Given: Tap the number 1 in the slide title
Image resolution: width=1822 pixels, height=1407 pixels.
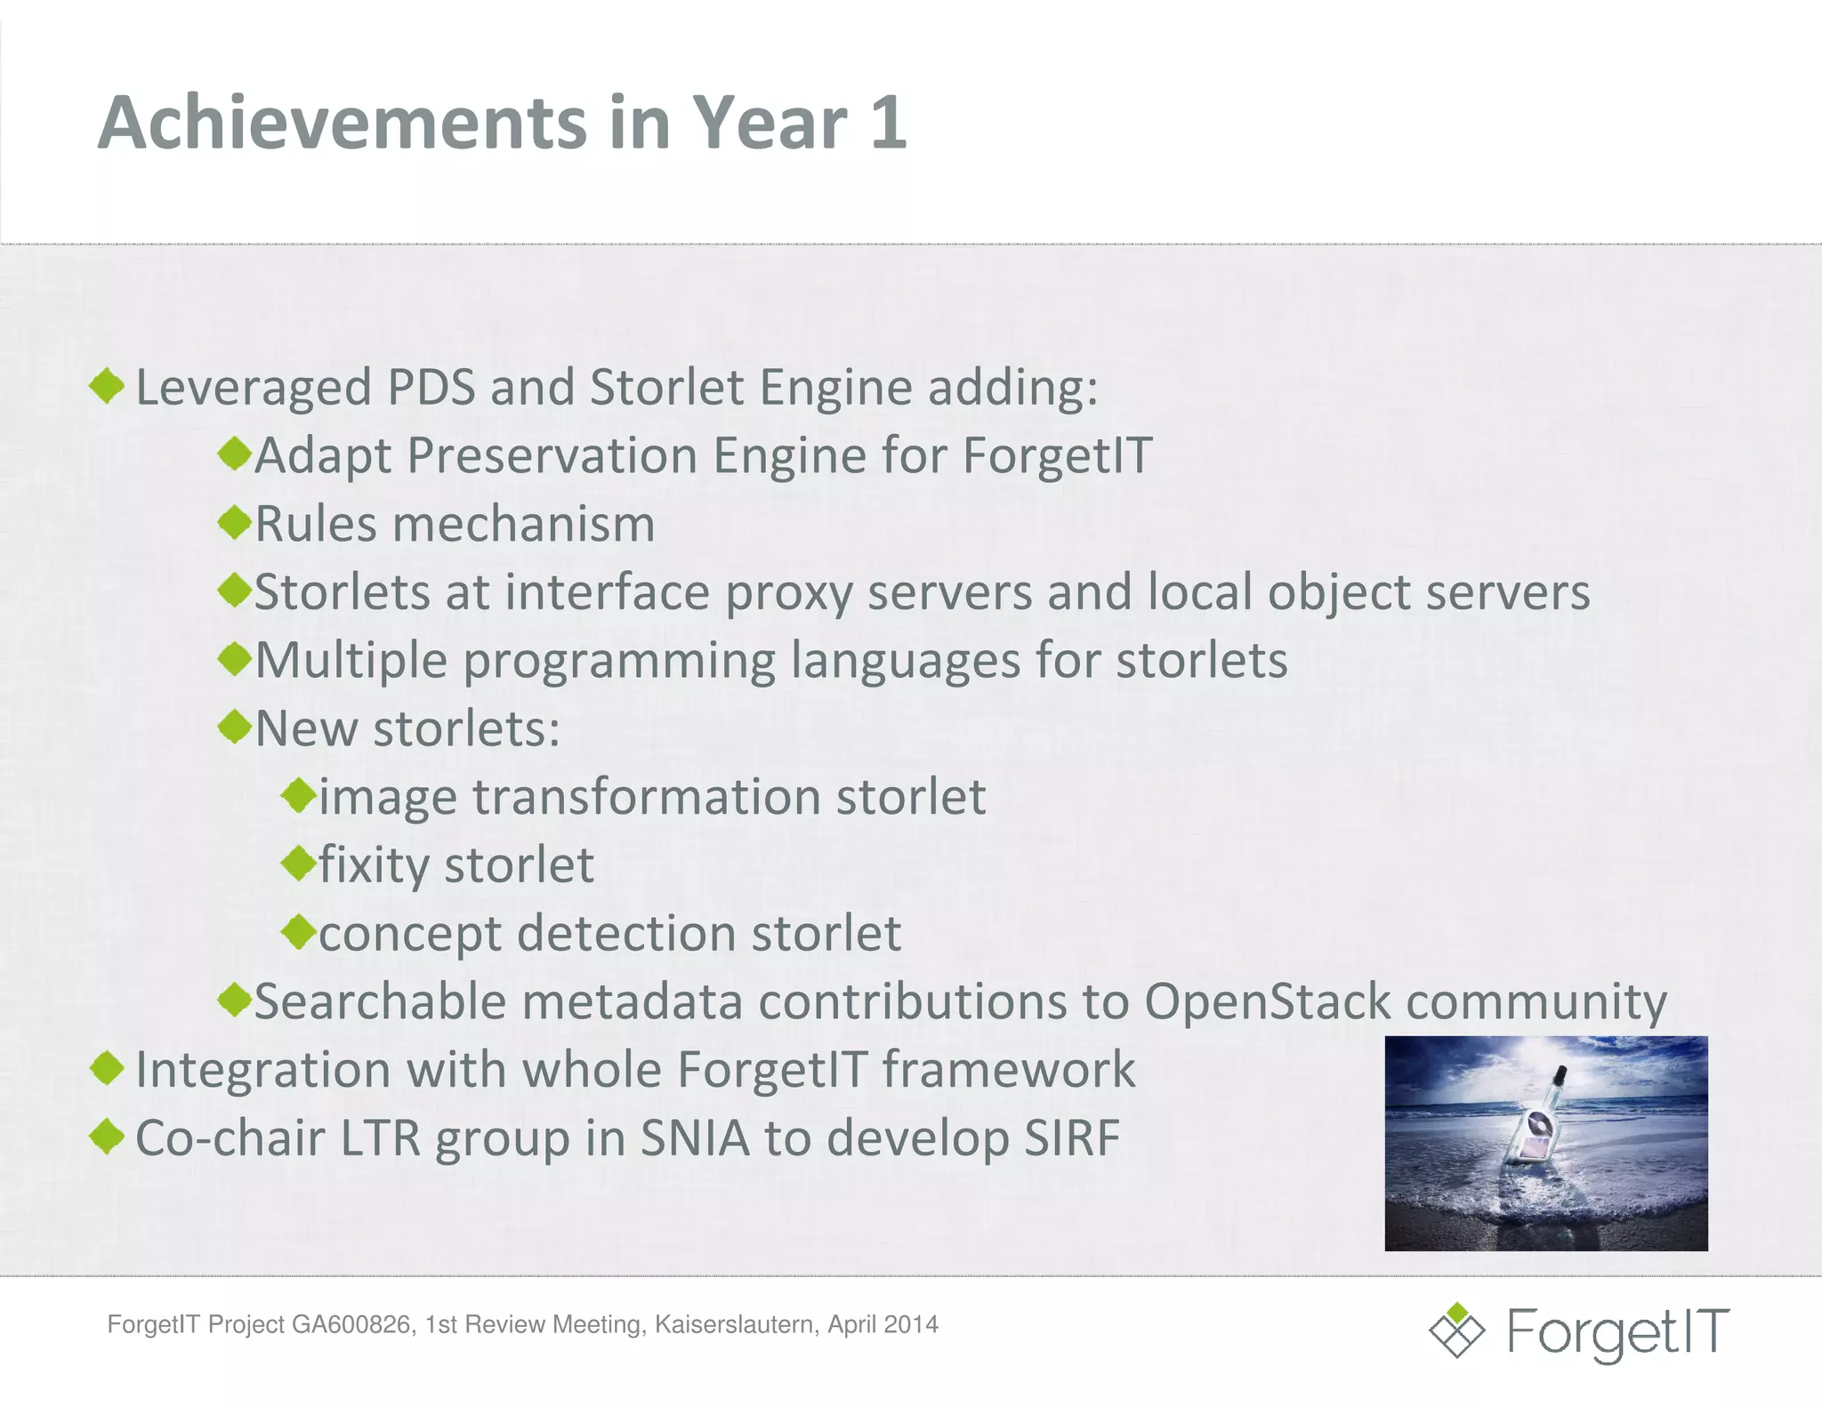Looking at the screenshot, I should point(888,123).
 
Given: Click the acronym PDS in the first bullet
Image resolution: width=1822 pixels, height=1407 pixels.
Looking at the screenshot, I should point(431,388).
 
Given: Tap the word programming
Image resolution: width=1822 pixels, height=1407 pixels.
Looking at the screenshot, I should point(618,662).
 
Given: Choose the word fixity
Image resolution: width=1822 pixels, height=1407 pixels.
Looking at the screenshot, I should point(374,866).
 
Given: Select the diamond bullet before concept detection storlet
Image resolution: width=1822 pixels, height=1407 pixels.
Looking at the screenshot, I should point(299,931).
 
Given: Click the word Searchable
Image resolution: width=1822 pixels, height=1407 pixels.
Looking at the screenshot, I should point(380,1002).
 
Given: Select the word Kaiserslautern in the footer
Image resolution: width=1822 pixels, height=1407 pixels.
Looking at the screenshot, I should point(735,1324).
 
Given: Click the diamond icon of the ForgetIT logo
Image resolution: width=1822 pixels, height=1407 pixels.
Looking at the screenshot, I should point(1456,1331).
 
